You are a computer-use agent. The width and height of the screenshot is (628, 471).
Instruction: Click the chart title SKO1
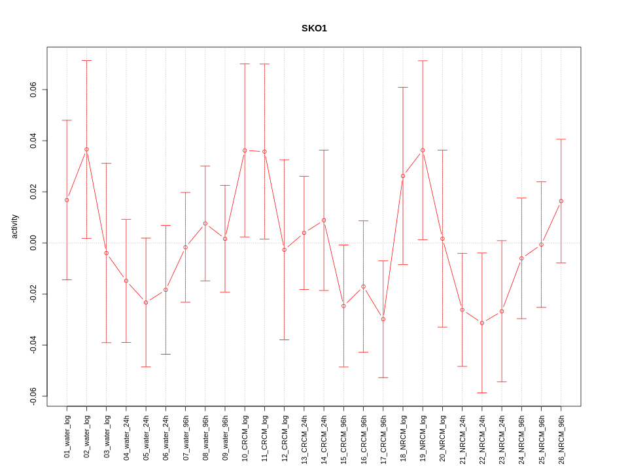tap(314, 28)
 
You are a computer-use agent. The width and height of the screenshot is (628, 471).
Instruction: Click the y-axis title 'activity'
tap(14, 226)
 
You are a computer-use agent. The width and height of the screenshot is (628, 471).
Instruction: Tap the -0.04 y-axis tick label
tap(33, 345)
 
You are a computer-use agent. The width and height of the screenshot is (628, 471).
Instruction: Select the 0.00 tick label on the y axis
tap(33, 243)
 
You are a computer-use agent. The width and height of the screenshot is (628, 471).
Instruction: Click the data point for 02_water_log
tap(86, 149)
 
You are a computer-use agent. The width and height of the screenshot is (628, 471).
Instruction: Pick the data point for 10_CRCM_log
tap(245, 150)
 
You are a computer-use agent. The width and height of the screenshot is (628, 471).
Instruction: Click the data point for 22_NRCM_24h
tap(482, 323)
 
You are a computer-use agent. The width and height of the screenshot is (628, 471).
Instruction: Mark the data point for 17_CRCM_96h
tap(383, 319)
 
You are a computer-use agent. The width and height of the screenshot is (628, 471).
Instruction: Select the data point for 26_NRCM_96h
tap(561, 201)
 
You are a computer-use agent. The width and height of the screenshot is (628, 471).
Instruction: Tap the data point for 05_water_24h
tap(146, 302)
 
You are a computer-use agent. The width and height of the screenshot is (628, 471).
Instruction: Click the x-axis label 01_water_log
tap(67, 435)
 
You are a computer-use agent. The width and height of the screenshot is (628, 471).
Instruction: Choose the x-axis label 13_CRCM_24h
tap(304, 435)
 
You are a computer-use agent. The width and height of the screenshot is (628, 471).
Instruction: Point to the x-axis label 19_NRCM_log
tap(423, 435)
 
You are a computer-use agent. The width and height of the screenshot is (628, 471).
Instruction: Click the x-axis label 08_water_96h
tap(205, 435)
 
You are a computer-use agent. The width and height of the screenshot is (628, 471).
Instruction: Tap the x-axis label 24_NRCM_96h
tap(521, 435)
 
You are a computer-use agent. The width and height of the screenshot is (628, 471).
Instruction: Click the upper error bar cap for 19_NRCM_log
tap(423, 61)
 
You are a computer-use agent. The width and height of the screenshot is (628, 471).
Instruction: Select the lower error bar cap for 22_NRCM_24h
tap(482, 392)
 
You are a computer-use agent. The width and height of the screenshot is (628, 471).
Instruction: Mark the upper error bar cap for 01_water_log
tap(67, 120)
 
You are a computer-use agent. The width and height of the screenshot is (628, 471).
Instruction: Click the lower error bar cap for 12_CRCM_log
tap(285, 340)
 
